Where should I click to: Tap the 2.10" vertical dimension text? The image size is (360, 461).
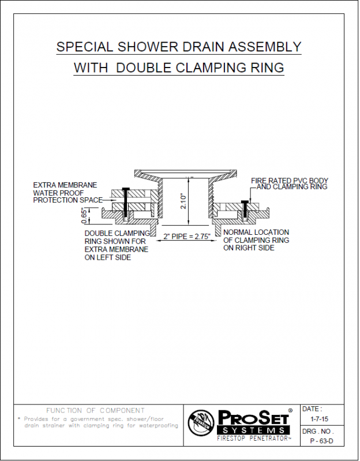pyautogui.click(x=183, y=201)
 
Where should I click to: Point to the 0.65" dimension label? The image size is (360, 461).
pyautogui.click(x=85, y=215)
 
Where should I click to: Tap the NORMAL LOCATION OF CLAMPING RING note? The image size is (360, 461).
pyautogui.click(x=256, y=239)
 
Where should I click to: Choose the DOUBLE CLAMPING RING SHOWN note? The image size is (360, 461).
pyautogui.click(x=116, y=245)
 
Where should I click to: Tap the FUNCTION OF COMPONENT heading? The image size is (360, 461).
pyautogui.click(x=95, y=410)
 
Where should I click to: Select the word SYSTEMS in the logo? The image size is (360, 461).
pyautogui.click(x=251, y=430)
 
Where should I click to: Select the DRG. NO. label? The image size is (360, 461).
pyautogui.click(x=318, y=432)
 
